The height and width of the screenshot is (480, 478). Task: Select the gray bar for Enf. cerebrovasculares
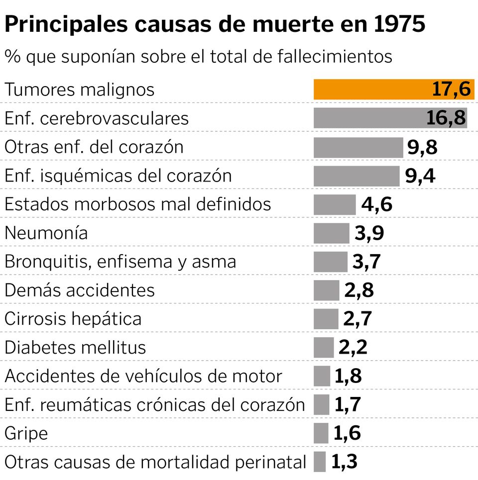[x=368, y=118]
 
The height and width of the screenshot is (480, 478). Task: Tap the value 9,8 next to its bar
[x=422, y=147]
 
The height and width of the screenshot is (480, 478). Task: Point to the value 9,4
[x=420, y=176]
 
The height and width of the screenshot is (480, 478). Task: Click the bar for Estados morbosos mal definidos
[x=335, y=204]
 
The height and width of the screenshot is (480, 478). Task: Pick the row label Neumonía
[x=46, y=233]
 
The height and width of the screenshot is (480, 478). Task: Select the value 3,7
[x=366, y=262]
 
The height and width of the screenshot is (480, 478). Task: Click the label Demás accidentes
[x=80, y=290]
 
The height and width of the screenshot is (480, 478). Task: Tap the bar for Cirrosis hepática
[x=326, y=319]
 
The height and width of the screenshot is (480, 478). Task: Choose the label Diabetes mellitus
[x=75, y=348]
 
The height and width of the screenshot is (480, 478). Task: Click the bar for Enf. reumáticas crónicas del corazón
[x=322, y=405]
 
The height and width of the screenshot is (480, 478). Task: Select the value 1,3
[x=344, y=462]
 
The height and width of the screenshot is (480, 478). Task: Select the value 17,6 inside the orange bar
[x=451, y=90]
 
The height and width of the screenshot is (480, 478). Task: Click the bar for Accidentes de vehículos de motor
[x=322, y=377]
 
